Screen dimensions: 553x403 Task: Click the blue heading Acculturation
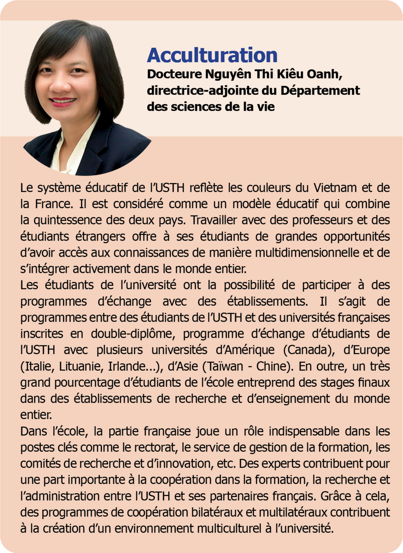point(212,55)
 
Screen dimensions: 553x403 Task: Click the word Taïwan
point(223,366)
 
